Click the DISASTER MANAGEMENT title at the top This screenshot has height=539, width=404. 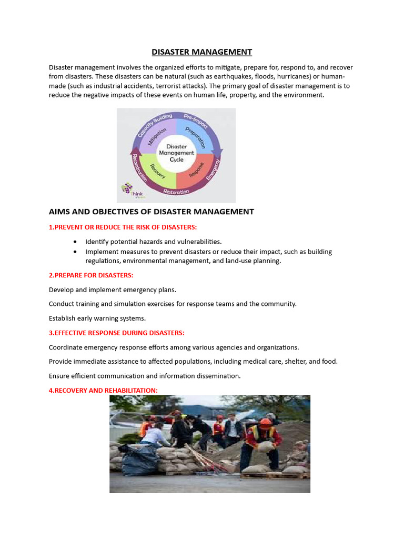(202, 52)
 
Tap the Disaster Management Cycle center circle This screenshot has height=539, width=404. (176, 153)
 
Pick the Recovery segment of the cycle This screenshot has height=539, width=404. (156, 170)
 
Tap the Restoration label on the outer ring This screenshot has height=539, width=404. (176, 192)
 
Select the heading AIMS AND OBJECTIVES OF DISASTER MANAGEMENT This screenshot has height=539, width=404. (151, 212)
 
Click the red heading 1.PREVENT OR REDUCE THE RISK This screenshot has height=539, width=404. (123, 227)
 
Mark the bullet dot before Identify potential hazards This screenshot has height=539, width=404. (76, 242)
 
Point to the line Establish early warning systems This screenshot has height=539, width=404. (97, 318)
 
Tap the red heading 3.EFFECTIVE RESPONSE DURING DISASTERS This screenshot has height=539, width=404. (117, 333)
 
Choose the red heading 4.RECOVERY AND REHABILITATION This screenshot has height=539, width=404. (103, 391)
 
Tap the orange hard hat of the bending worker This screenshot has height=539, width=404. (266, 422)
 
